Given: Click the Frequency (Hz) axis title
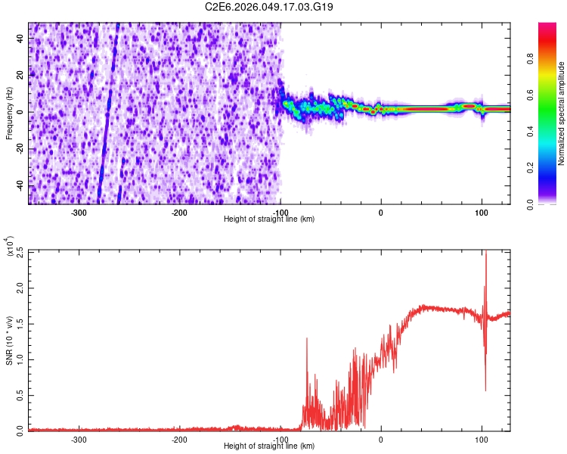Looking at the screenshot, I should coord(9,113).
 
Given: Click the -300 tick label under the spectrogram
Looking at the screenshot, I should coord(79,212).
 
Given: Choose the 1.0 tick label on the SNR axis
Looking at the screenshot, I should coord(19,359).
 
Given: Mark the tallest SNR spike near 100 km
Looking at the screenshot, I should coord(485,254).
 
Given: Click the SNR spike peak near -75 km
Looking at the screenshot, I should coord(306,339).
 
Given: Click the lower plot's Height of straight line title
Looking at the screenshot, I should coord(269,446).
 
